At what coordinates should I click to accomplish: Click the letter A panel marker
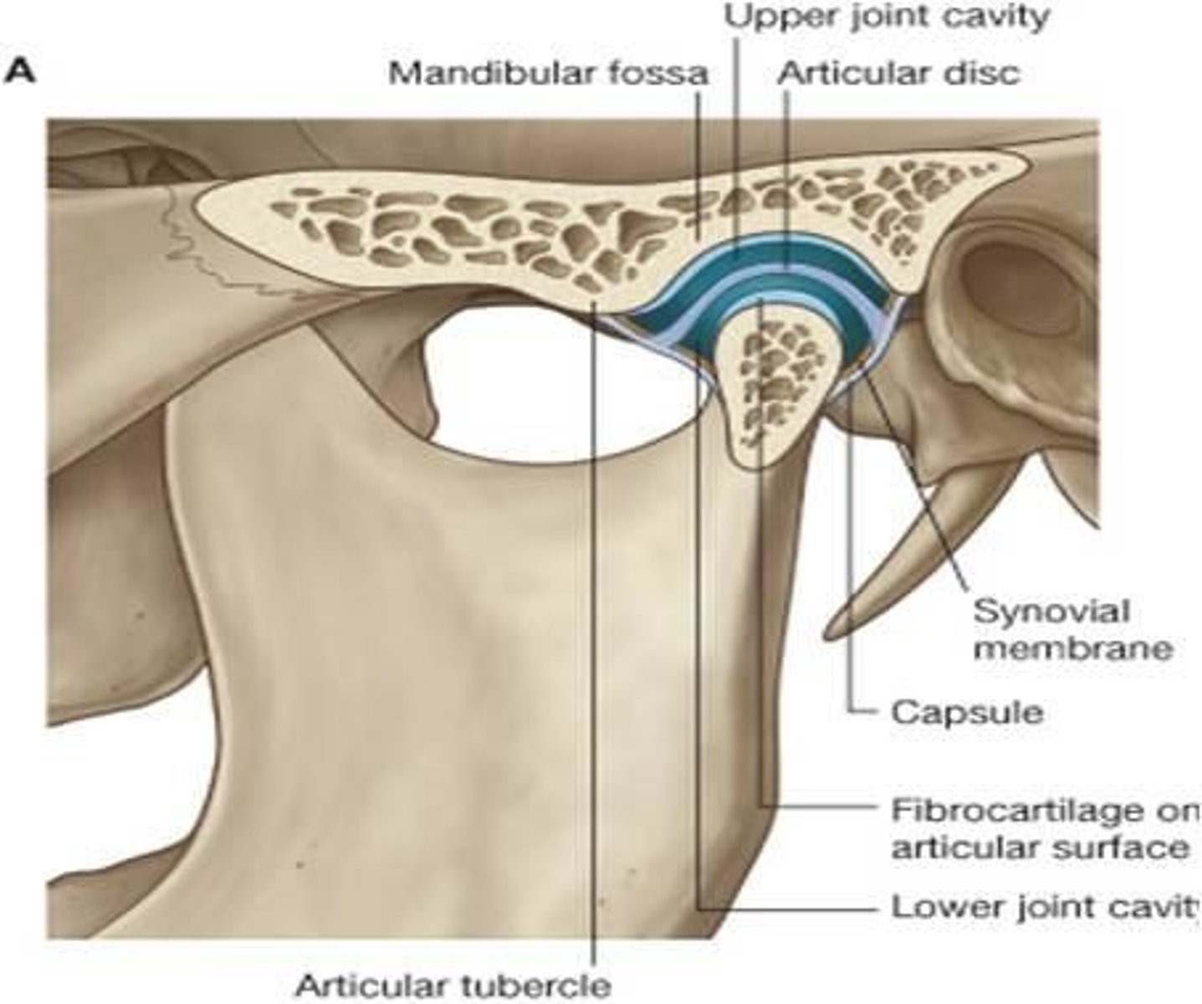[x=19, y=74]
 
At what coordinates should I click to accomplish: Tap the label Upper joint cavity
[x=886, y=18]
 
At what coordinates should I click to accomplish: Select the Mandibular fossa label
[x=548, y=74]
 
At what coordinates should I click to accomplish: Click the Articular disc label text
[x=898, y=74]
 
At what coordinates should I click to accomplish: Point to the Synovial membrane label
[x=1072, y=630]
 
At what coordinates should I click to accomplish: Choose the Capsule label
[x=967, y=713]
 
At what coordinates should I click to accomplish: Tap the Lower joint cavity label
[x=1046, y=908]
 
